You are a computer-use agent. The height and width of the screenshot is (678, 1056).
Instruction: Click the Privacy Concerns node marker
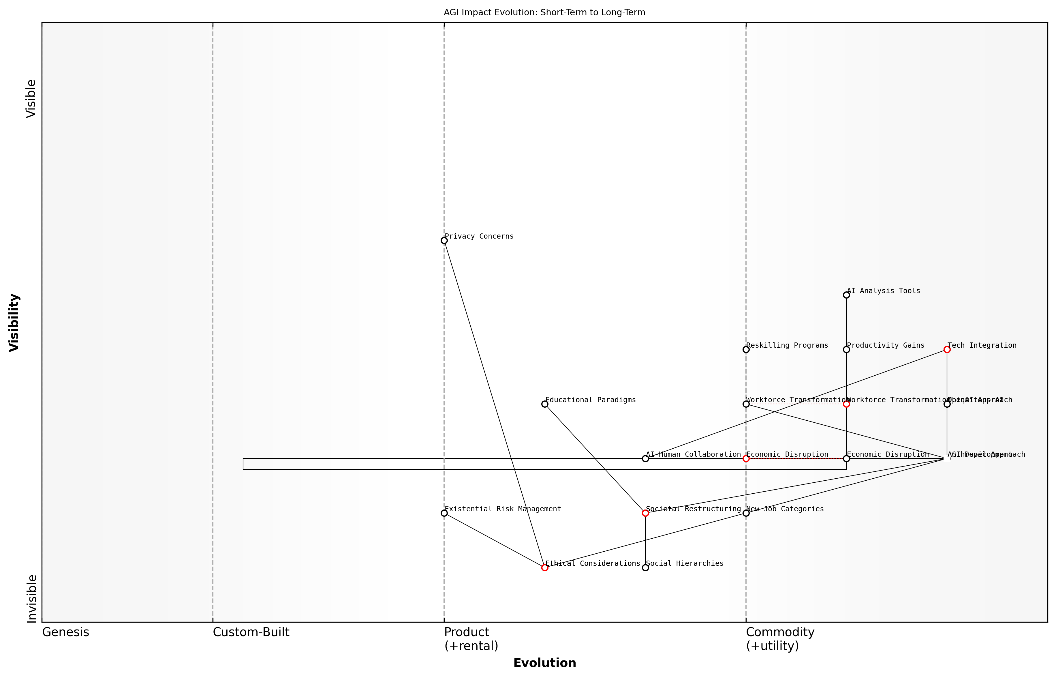(x=444, y=240)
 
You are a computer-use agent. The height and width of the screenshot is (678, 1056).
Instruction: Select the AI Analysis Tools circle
(x=846, y=295)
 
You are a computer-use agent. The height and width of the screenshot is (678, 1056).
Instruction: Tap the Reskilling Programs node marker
(x=746, y=350)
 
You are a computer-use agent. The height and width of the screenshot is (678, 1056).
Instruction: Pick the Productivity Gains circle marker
(x=846, y=350)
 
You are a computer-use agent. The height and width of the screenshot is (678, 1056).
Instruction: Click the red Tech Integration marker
(x=947, y=350)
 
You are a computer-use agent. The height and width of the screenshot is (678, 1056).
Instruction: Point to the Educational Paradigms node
(x=545, y=404)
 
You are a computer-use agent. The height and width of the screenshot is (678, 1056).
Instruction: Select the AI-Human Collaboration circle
(x=645, y=459)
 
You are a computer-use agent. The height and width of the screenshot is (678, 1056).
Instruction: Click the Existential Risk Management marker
(x=444, y=513)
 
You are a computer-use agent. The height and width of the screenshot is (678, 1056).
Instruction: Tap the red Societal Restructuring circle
(x=645, y=513)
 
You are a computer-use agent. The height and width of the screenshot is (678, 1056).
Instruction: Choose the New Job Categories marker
(x=746, y=513)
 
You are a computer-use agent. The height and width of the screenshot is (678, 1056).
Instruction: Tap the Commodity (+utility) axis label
(x=780, y=639)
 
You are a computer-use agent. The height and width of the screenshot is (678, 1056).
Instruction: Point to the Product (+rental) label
(x=471, y=639)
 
